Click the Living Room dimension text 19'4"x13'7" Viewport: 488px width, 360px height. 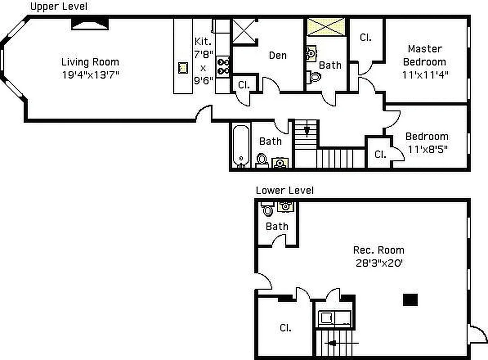click(x=90, y=75)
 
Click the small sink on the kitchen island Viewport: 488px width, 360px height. click(x=183, y=68)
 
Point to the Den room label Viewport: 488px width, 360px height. click(x=278, y=55)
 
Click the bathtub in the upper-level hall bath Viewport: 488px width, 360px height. click(x=241, y=146)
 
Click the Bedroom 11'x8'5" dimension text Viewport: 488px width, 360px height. click(x=426, y=148)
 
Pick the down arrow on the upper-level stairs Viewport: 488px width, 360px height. click(x=307, y=130)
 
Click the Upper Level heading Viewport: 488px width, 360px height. click(x=58, y=6)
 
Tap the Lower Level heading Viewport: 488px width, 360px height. click(x=284, y=190)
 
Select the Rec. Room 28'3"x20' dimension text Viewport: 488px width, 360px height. click(x=378, y=262)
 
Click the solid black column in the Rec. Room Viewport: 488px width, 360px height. click(x=410, y=300)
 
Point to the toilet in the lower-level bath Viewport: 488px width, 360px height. click(x=268, y=210)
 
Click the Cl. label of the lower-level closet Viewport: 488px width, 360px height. click(x=285, y=328)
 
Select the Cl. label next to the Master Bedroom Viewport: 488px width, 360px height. click(x=365, y=38)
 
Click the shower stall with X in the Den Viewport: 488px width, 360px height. click(x=244, y=30)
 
